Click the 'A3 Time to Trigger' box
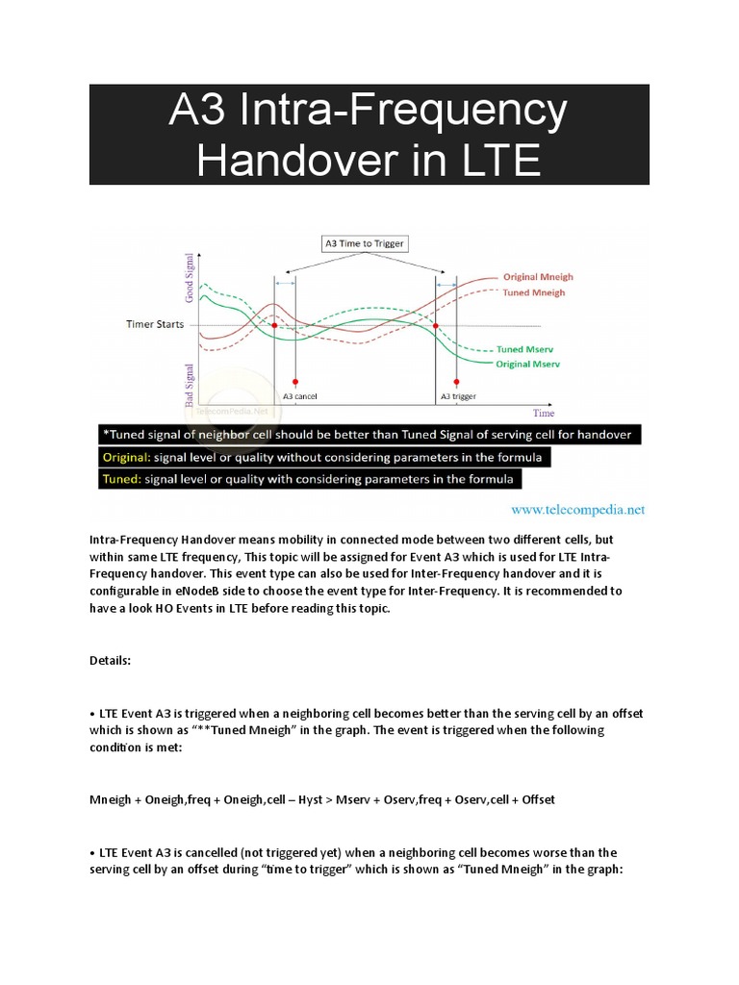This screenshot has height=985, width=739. click(364, 243)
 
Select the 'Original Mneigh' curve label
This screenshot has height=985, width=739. click(538, 277)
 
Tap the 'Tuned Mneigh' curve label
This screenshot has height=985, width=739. click(534, 291)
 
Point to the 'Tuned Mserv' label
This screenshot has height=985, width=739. click(523, 349)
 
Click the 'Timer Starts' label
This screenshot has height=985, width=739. click(155, 324)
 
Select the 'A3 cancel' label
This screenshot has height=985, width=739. click(300, 396)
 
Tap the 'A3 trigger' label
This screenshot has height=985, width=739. click(458, 396)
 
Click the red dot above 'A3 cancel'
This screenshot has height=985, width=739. click(294, 382)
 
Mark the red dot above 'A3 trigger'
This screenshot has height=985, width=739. click(455, 382)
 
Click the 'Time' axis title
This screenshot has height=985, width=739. click(544, 413)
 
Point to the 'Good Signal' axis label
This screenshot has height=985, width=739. click(189, 280)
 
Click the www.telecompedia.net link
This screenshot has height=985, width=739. click(577, 509)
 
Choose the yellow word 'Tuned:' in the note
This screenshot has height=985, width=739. click(126, 478)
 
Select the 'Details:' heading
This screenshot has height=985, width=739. click(114, 663)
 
